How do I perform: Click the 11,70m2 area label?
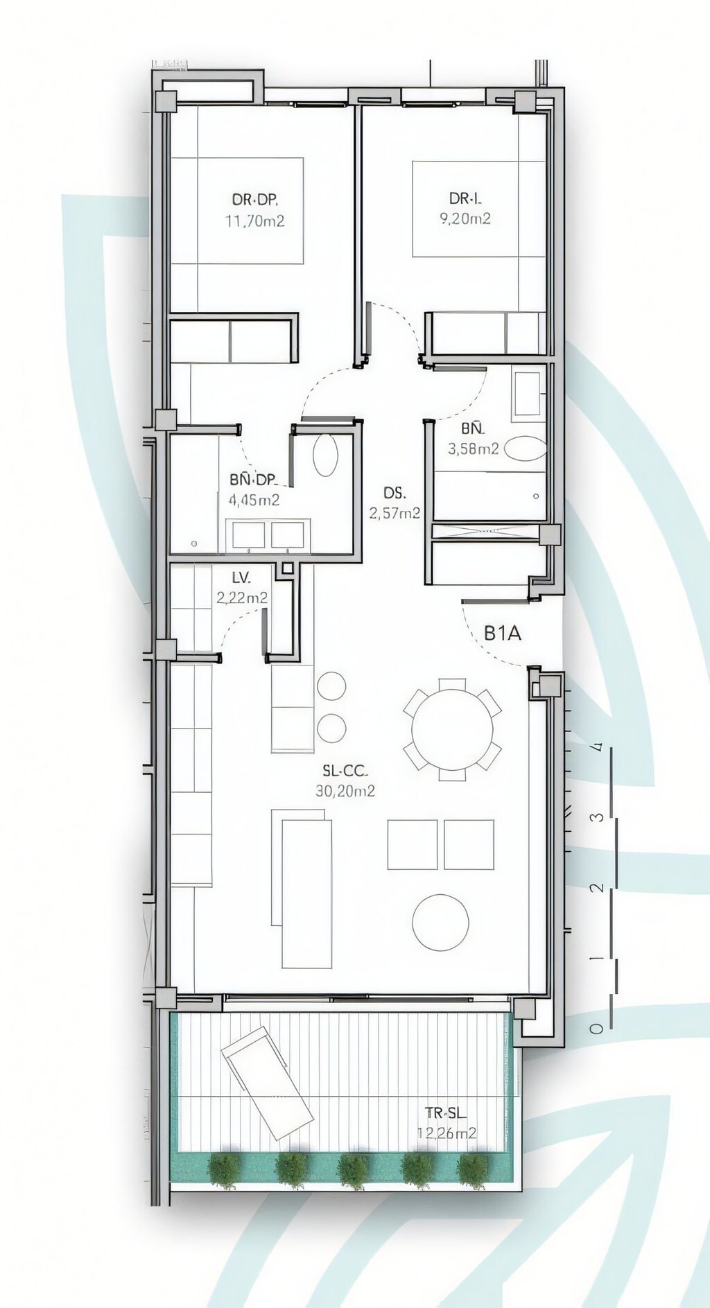click(255, 221)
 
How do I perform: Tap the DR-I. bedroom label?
click(465, 200)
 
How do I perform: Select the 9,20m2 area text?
click(465, 219)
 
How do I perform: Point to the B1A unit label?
click(502, 633)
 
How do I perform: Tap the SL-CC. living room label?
click(345, 770)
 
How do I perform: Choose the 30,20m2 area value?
click(345, 791)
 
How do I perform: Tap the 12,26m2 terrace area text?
click(447, 1133)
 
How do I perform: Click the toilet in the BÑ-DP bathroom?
click(324, 455)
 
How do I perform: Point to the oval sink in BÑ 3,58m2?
click(525, 448)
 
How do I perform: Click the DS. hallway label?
click(395, 494)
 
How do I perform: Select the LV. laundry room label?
click(241, 577)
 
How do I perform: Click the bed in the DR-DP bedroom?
click(237, 211)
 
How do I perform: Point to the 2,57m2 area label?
click(395, 513)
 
